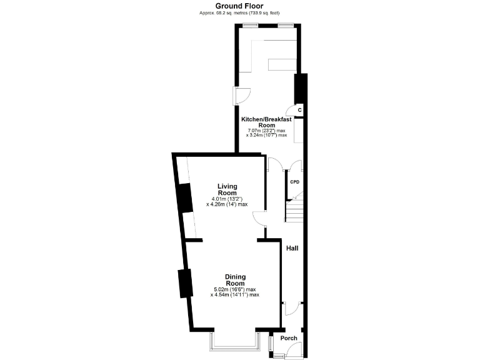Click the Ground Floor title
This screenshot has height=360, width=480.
240,6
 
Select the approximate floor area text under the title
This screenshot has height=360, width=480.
240,12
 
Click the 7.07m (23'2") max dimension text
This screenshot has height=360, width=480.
267,130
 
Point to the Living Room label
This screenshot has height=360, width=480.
227,189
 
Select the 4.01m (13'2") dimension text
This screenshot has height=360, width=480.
227,199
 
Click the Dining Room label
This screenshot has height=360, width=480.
235,279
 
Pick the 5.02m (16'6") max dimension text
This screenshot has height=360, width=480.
235,289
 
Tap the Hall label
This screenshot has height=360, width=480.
292,248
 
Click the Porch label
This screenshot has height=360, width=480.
289,338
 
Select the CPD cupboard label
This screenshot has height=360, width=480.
294,182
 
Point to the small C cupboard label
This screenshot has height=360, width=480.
300,111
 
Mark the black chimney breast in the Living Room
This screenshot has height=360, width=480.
184,199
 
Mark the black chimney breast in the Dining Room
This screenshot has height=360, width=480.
184,284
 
